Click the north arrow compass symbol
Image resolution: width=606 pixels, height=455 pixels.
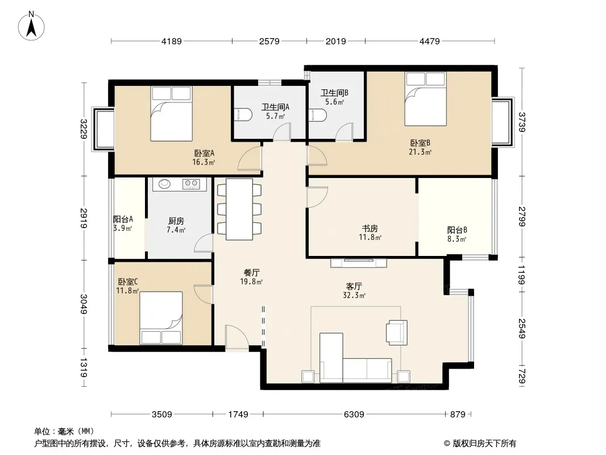coord(31,26)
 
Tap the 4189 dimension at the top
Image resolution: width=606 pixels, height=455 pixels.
coord(172,41)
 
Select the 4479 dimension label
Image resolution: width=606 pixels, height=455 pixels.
coord(430,41)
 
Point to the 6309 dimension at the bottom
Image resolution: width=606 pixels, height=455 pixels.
coord(354,415)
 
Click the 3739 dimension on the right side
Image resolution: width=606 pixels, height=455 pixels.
coord(522,122)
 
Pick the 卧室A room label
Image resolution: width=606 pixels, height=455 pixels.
coord(204,153)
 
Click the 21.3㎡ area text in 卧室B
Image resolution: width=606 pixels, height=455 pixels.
coord(420,152)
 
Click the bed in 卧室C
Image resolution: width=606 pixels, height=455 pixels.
coord(161,318)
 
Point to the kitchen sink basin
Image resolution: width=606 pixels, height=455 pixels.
coord(165,184)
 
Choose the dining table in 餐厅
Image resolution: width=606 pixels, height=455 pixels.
coord(239,209)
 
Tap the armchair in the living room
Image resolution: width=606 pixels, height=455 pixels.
coord(397,333)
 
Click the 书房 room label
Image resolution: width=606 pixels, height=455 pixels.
coord(370,229)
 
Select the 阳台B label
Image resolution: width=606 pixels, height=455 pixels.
coord(457,230)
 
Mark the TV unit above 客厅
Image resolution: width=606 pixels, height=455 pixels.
coord(359,263)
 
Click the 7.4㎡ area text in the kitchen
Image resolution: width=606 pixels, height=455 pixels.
coord(176,230)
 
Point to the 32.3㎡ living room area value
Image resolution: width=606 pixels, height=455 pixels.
coord(354,295)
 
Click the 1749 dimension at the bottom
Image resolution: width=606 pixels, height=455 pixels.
coord(238,415)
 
